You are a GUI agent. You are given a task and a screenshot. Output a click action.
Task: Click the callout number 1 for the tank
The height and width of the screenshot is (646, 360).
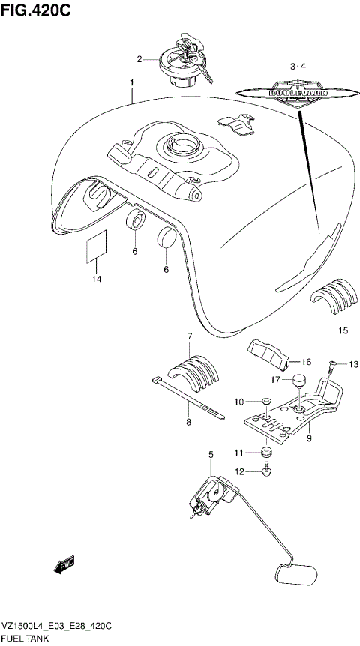tap(131, 82)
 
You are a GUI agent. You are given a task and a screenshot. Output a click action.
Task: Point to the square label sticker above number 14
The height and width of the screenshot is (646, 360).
tap(94, 247)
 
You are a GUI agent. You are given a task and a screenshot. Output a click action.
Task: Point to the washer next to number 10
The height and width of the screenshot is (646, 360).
tap(266, 403)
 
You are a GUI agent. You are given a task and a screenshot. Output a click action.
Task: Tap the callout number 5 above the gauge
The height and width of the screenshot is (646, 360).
tap(211, 455)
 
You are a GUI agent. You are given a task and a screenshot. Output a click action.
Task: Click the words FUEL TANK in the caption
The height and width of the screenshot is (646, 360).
tap(26, 639)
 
